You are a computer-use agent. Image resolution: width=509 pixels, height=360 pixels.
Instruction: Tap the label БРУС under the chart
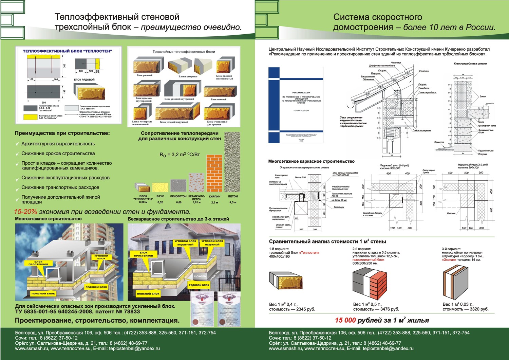pyautogui.click(x=160, y=196)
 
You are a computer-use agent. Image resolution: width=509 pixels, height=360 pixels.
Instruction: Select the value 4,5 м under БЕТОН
pyautogui.click(x=233, y=202)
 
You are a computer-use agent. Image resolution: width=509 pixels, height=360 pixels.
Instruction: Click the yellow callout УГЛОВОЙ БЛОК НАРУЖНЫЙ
pyautogui.click(x=212, y=243)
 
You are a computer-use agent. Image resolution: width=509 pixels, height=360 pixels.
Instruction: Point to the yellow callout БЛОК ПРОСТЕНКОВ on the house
pyautogui.click(x=144, y=254)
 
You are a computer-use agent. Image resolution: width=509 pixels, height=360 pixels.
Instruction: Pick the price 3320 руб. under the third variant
pyautogui.click(x=479, y=309)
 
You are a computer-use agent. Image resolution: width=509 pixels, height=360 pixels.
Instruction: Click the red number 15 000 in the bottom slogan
pyautogui.click(x=345, y=320)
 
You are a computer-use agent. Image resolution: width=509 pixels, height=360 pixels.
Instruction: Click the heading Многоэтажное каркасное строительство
pyautogui.click(x=311, y=161)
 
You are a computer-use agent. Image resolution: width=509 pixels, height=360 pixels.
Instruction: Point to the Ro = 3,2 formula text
pyautogui.click(x=180, y=155)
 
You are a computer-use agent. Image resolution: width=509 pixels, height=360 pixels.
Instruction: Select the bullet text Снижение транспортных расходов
pyautogui.click(x=60, y=187)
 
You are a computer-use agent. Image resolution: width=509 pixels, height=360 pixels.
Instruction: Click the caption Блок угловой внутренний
pyautogui.click(x=180, y=99)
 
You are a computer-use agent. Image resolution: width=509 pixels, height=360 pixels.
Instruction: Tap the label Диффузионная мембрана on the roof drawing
pyautogui.click(x=382, y=66)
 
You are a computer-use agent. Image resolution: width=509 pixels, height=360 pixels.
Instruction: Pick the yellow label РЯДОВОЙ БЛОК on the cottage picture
pyautogui.click(x=199, y=285)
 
